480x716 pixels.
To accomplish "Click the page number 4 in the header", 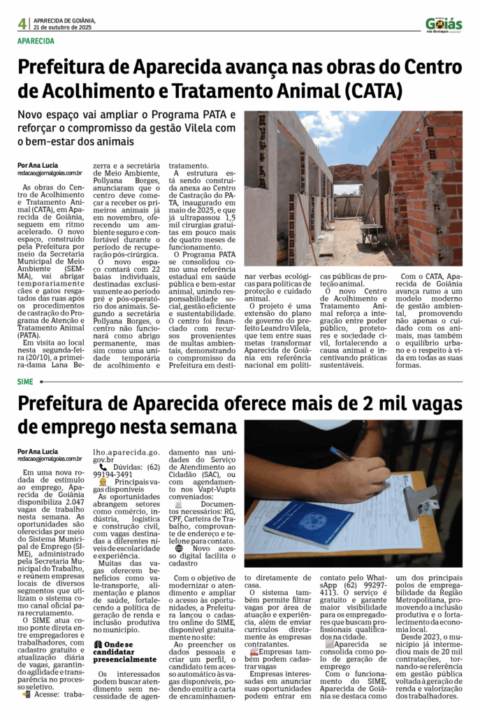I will (x=22, y=24).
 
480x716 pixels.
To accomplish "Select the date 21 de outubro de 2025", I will (x=62, y=28).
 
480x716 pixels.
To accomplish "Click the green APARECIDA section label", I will (x=36, y=41).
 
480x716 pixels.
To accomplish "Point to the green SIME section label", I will (x=25, y=381).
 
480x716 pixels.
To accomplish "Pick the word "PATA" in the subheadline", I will (x=218, y=114).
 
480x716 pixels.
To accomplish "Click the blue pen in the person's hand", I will (x=342, y=454).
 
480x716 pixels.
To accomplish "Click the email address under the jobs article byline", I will (x=50, y=458).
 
